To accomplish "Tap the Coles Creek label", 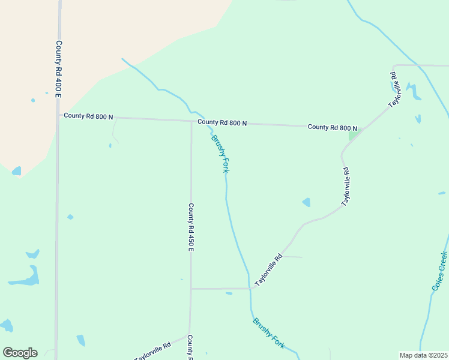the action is tap(439, 271).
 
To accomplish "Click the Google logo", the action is tap(20, 353).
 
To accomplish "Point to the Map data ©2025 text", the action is tap(423, 355).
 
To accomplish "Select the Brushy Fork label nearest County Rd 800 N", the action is tap(220, 154).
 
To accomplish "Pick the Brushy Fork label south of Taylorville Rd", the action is tap(268, 333).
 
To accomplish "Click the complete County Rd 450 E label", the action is tap(190, 227).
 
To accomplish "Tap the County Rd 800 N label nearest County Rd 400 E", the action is tap(88, 116).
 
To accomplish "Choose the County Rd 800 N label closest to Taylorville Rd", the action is tap(332, 127).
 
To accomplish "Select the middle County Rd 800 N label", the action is tap(222, 122).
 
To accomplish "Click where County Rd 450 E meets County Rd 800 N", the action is tap(191, 121).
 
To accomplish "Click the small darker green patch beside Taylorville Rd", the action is tap(353, 135).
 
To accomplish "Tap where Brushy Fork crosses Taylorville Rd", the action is tap(249, 289).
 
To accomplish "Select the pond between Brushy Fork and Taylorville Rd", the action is tap(306, 202).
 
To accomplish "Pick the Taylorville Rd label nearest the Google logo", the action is tap(153, 350).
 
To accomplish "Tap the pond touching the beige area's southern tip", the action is tap(16, 171).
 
